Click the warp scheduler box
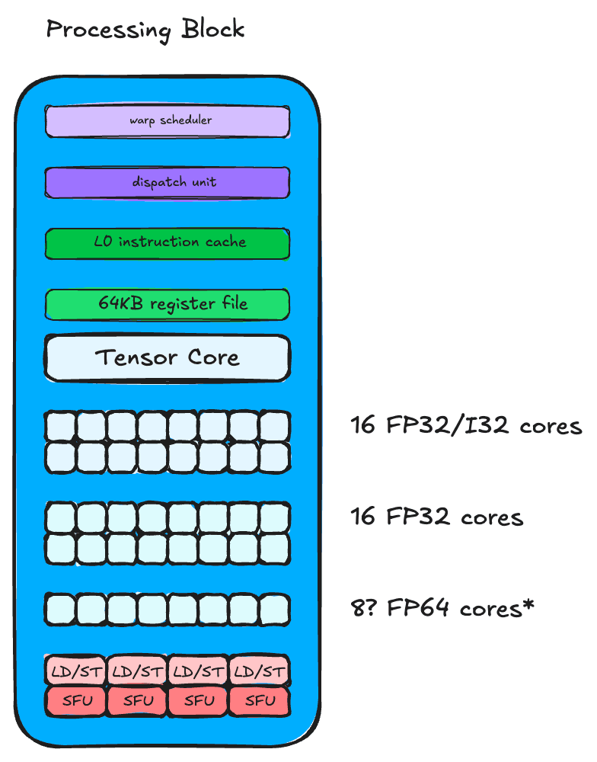point(168,121)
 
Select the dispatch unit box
point(168,182)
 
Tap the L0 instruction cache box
point(168,243)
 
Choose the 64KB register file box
point(168,303)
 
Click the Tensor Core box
point(168,357)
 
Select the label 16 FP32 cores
point(437,517)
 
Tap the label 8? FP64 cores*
point(442,608)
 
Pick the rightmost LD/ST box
point(259,671)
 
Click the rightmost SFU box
point(259,700)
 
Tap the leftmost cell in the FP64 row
point(61,609)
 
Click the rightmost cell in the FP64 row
point(274,609)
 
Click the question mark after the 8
point(372,608)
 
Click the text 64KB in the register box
point(122,303)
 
